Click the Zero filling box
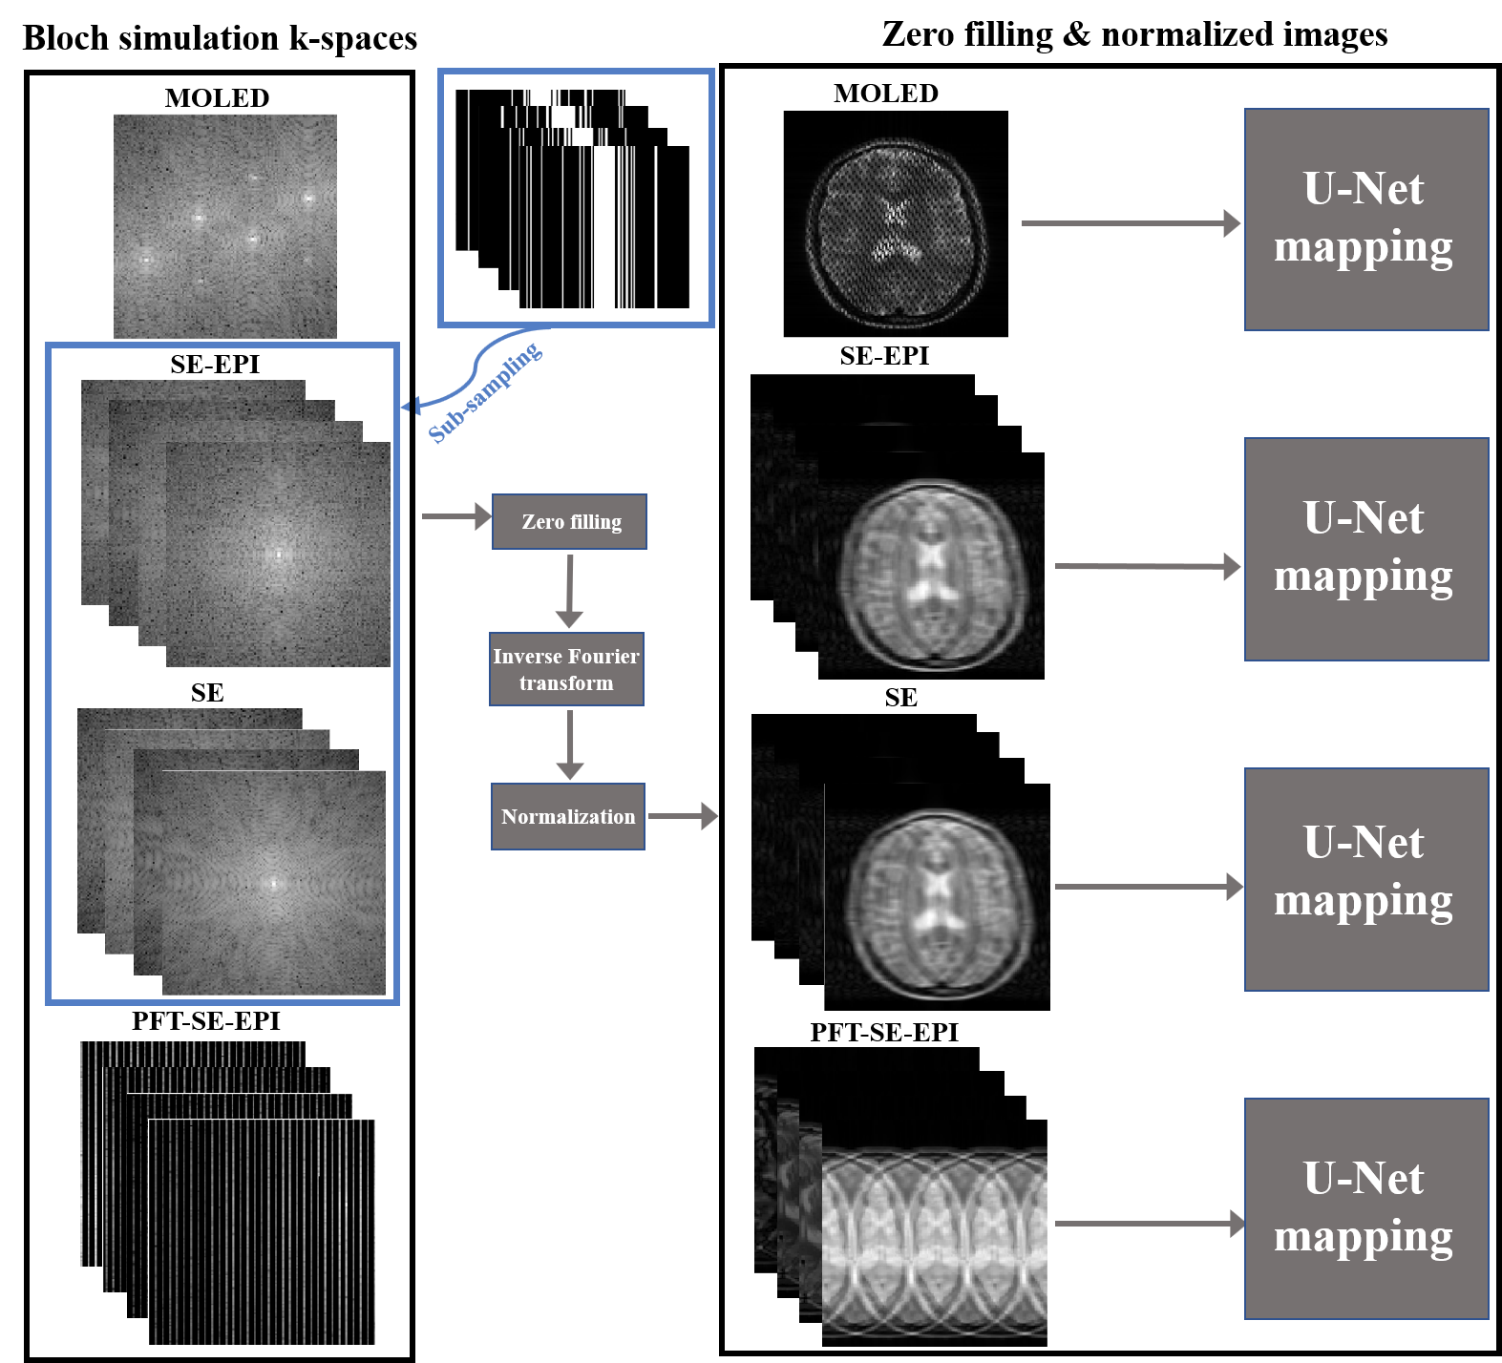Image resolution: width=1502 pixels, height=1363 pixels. point(569,521)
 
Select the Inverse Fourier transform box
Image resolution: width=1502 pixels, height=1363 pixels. point(566,669)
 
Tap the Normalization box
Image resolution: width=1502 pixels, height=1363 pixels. point(567,816)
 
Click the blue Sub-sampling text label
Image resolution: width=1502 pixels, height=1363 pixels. point(485,393)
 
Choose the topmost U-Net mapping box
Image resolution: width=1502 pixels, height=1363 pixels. point(1365,220)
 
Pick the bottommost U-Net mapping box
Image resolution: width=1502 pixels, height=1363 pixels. point(1365,1208)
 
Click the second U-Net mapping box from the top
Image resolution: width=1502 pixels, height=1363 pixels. point(1365,549)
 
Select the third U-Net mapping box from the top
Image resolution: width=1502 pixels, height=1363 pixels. point(1365,879)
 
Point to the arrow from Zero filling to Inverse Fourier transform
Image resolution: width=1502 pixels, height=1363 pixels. point(569,590)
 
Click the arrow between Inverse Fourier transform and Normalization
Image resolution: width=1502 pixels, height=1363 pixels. point(569,744)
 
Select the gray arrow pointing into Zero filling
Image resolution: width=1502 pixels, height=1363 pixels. point(455,516)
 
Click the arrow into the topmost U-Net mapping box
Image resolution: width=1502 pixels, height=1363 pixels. point(1131,223)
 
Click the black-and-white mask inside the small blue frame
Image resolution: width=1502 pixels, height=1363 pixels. point(576,199)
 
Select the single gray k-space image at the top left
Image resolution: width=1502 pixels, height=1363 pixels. point(225,226)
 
